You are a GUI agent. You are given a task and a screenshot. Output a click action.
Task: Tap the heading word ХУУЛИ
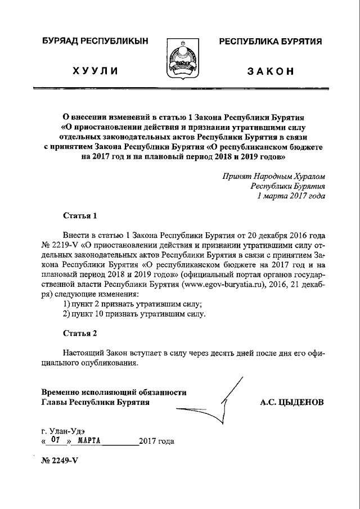[94, 71]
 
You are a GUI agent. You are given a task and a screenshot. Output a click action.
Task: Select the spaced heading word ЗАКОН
[270, 71]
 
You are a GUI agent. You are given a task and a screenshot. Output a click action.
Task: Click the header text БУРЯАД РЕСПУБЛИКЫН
[94, 42]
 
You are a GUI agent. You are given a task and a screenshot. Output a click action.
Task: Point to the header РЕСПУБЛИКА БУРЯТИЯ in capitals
[270, 42]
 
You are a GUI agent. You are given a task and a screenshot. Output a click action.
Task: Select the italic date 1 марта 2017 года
[290, 196]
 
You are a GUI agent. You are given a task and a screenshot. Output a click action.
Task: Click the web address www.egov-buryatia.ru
[222, 285]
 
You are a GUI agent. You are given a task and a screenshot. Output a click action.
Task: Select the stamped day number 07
[55, 441]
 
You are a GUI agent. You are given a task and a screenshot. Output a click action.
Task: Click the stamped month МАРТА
[88, 441]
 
